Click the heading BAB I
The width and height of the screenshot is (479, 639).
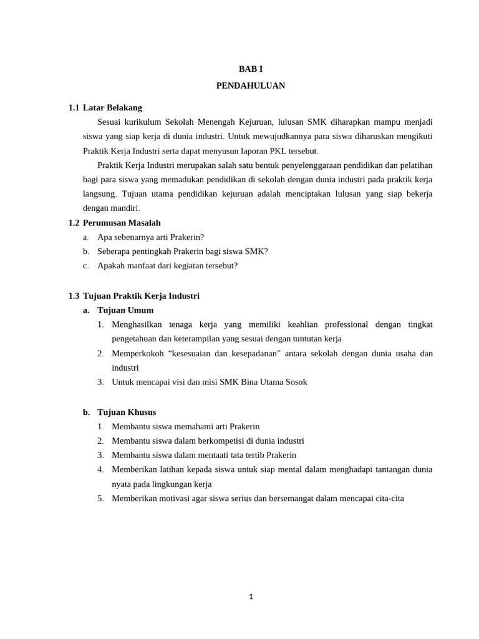[x=251, y=69]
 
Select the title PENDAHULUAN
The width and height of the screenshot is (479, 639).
[x=251, y=85]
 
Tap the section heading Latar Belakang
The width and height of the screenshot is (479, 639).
[x=112, y=107]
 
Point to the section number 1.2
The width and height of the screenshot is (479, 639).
[x=74, y=223]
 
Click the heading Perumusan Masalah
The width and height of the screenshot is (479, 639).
[x=122, y=223]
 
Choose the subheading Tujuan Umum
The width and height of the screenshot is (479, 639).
[x=125, y=310]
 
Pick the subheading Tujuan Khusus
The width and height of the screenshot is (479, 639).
[x=127, y=412]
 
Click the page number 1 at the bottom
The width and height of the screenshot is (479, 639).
[x=251, y=597]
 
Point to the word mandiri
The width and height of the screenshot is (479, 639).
[x=126, y=208]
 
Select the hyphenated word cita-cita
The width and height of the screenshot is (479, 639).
[x=388, y=499]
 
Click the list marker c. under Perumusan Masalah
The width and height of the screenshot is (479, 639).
[x=86, y=266]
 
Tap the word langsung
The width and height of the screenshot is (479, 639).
[x=99, y=194]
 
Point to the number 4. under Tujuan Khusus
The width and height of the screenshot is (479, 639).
[x=100, y=469]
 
